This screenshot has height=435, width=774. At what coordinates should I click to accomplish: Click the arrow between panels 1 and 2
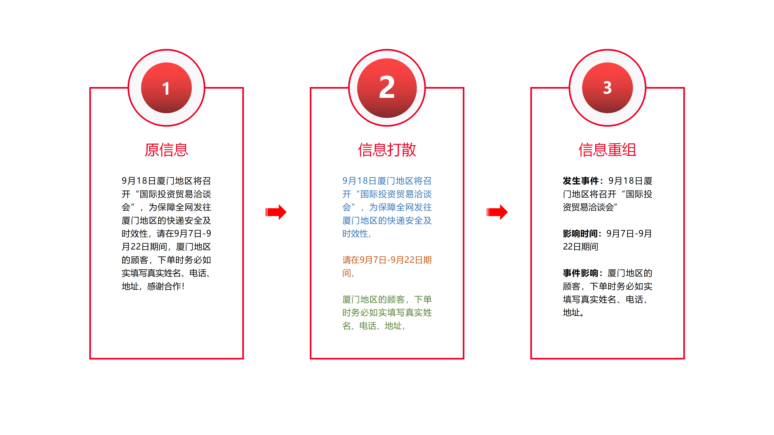point(276,212)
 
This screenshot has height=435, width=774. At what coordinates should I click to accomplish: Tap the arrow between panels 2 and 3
point(497,212)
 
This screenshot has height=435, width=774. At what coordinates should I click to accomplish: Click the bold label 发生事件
point(580,181)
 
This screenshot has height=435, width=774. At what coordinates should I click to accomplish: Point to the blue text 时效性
point(355,234)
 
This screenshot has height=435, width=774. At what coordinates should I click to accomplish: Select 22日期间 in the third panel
point(580,246)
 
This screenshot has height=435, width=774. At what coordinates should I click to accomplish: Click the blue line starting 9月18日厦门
point(387,181)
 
